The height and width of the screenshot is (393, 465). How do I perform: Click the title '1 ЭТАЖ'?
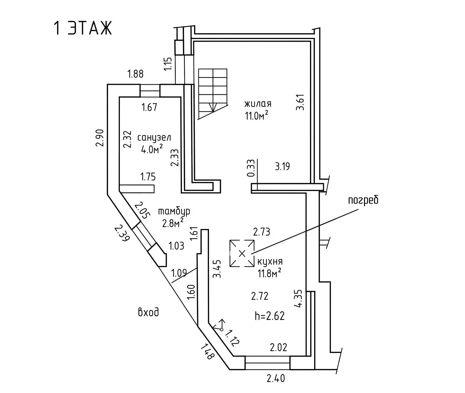pyautogui.click(x=83, y=29)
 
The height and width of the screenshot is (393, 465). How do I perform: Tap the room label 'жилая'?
pyautogui.click(x=258, y=104)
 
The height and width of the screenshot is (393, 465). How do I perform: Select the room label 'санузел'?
pyautogui.click(x=154, y=138)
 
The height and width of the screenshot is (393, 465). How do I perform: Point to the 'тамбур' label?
pyautogui.click(x=174, y=211)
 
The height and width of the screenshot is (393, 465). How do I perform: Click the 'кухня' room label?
pyautogui.click(x=270, y=262)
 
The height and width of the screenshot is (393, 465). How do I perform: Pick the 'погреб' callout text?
pyautogui.click(x=363, y=200)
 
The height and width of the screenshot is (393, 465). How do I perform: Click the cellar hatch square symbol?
pyautogui.click(x=242, y=253)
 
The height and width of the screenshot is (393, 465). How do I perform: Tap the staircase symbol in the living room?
pyautogui.click(x=213, y=94)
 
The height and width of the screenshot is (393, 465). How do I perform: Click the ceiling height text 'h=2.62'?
pyautogui.click(x=270, y=316)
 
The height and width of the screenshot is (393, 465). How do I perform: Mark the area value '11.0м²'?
pyautogui.click(x=257, y=116)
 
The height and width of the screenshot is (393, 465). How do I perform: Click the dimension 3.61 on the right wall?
pyautogui.click(x=300, y=102)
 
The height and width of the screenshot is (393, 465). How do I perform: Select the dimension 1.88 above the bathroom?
pyautogui.click(x=136, y=74)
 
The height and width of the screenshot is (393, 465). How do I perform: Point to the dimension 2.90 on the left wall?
pyautogui.click(x=99, y=138)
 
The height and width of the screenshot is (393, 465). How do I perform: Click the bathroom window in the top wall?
pyautogui.click(x=150, y=90)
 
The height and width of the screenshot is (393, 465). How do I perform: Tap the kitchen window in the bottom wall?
pyautogui.click(x=267, y=363)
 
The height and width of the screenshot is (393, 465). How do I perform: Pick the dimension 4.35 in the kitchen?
pyautogui.click(x=298, y=299)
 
